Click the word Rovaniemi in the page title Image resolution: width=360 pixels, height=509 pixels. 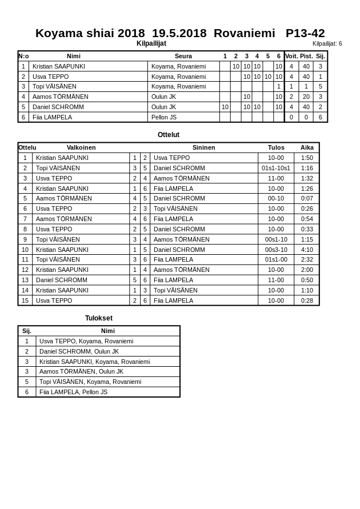pos(244,33)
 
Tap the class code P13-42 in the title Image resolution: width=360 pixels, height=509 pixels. pos(305,33)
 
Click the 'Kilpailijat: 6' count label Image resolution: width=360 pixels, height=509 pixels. pos(327,43)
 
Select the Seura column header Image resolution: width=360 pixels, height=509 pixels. pos(183,56)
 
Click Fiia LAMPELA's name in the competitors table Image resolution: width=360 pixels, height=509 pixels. pos(52,117)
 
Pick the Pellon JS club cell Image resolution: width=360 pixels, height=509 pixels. pos(164,117)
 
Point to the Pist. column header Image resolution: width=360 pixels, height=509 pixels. pos(306,56)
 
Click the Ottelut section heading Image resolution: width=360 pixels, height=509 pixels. pos(169,135)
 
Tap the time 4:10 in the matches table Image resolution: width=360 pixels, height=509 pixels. pos(307,250)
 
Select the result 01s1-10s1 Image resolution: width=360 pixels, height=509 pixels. pos(276,168)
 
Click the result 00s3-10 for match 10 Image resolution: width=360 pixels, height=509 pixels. pos(276,250)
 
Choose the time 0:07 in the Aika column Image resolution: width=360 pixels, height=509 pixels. pos(307,198)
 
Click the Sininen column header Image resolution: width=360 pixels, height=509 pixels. pos(203,147)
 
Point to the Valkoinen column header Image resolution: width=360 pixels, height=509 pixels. pos(81,147)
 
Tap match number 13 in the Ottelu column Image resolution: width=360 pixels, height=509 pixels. pos(25,280)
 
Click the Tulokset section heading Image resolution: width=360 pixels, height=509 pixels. pos(99,318)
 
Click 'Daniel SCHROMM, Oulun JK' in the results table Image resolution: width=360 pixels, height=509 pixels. pos(79,351)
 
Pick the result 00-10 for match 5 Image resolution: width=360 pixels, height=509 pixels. pos(276,198)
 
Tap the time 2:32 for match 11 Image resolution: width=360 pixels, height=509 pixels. pos(307,259)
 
